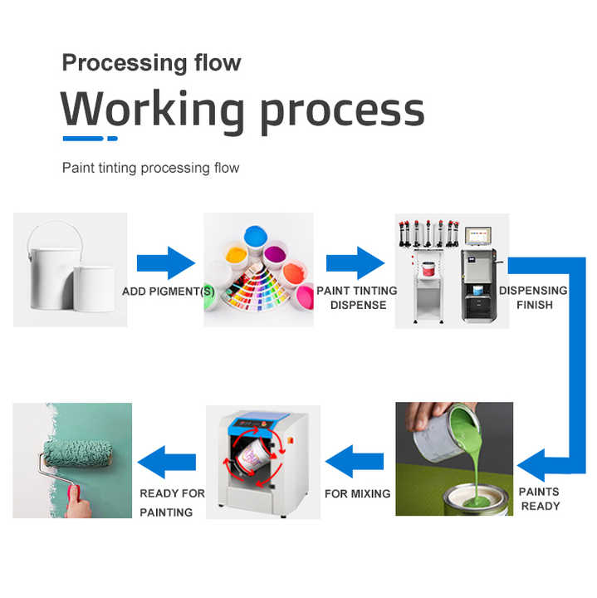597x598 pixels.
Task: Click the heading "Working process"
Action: tap(242, 109)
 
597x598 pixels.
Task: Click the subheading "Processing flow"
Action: tap(151, 62)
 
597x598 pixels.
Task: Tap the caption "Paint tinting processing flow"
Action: tap(150, 168)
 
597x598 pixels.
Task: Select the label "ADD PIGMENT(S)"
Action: tap(169, 292)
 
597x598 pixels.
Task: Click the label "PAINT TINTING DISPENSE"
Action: tap(357, 297)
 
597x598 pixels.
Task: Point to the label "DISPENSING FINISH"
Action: tap(532, 297)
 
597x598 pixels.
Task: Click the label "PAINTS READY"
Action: tap(540, 498)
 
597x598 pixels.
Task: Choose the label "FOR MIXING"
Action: tap(357, 493)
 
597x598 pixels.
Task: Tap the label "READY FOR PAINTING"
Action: tap(172, 502)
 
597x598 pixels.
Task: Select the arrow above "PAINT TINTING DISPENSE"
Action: tap(355, 262)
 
